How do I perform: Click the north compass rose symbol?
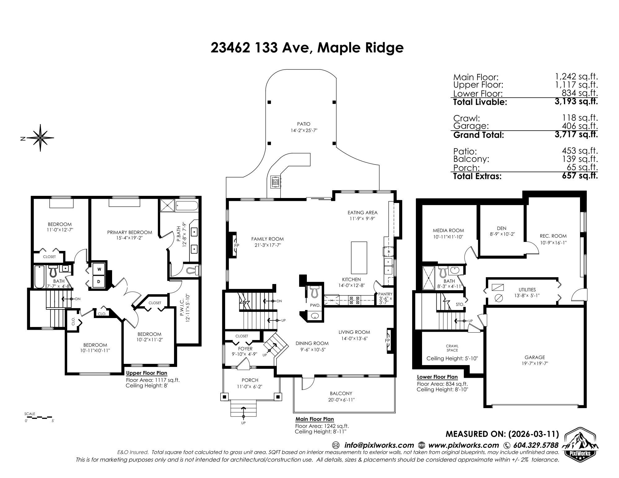click(41, 138)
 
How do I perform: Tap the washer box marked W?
click(99, 269)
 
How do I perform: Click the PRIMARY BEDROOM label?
click(129, 232)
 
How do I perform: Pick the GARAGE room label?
click(535, 357)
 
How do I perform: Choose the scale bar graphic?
click(39, 418)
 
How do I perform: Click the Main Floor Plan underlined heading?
click(315, 419)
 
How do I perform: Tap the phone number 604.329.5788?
click(536, 445)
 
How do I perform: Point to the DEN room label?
click(501, 229)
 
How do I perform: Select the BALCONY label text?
click(341, 394)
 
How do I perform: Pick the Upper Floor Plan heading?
click(146, 373)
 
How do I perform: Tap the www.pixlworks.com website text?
click(464, 445)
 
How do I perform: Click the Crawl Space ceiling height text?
click(452, 359)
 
